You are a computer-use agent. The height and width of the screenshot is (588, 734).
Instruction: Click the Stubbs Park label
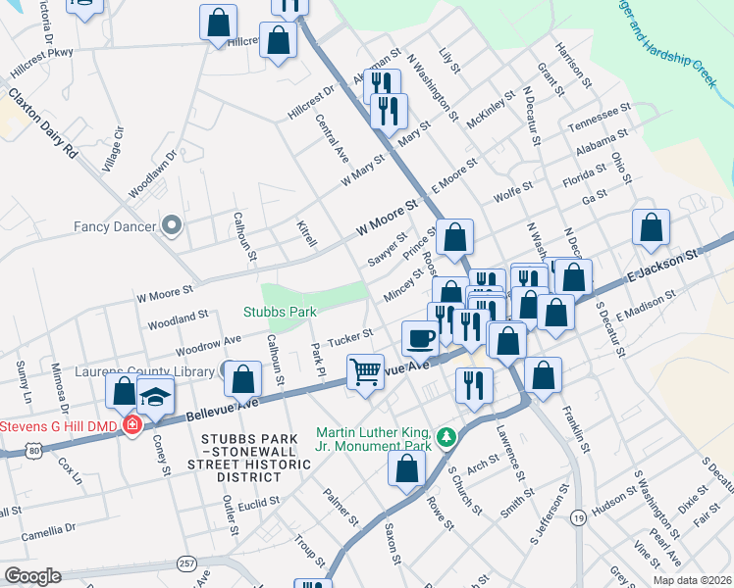pyautogui.click(x=280, y=313)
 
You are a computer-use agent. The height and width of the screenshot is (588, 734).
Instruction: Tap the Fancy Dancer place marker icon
pyautogui.click(x=173, y=226)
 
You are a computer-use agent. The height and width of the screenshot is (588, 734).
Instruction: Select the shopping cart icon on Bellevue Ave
pyautogui.click(x=365, y=371)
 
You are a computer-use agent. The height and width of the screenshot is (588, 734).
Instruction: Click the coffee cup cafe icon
pyautogui.click(x=420, y=338)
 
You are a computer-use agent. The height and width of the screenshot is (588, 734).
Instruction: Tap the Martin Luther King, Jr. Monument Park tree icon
pyautogui.click(x=446, y=434)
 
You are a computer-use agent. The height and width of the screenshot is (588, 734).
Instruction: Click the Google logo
pyautogui.click(x=32, y=576)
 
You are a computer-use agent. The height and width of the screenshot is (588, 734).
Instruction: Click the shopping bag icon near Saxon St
pyautogui.click(x=406, y=468)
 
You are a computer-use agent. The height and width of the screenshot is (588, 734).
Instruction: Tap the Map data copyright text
pyautogui.click(x=692, y=580)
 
